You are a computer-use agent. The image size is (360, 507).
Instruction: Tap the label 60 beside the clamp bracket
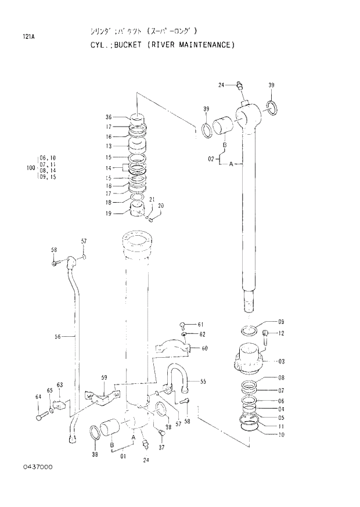(204, 348)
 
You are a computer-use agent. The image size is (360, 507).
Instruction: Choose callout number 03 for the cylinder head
(281, 361)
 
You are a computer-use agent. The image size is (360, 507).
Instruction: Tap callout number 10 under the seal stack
(280, 434)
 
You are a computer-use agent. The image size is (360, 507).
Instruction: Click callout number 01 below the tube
(123, 456)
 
